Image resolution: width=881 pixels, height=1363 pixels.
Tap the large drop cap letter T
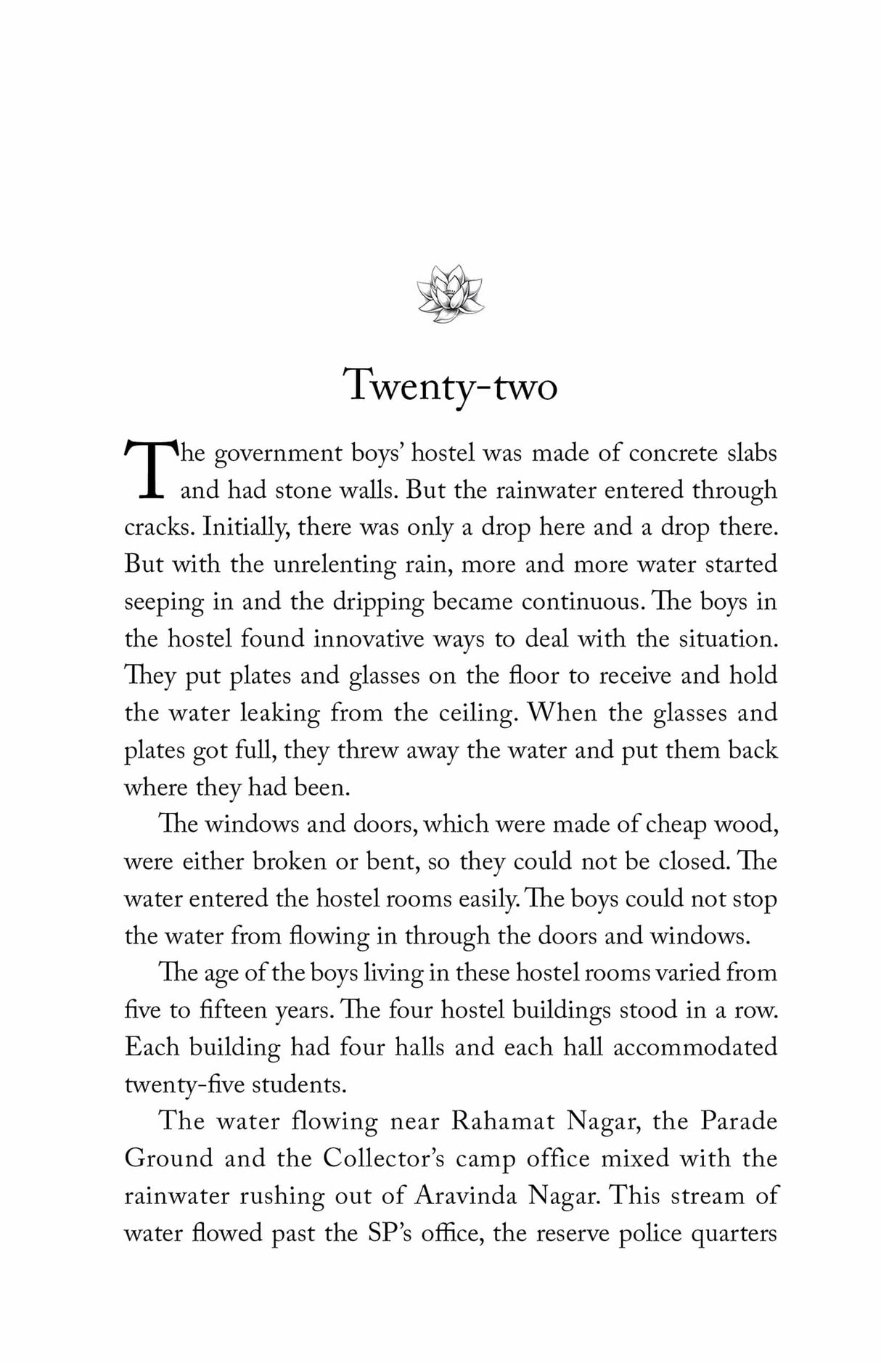151,468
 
